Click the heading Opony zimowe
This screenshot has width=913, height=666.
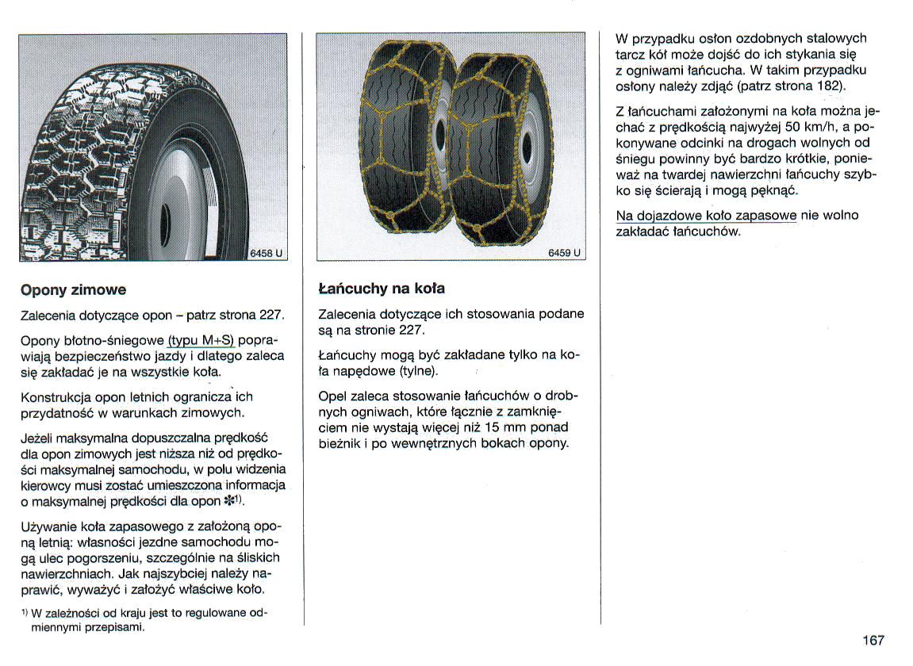[x=73, y=290]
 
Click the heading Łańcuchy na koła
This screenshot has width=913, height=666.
[x=375, y=288]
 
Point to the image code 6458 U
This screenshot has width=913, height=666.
[x=266, y=254]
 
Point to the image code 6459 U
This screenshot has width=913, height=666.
[x=564, y=254]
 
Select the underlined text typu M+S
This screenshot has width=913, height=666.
[x=201, y=340]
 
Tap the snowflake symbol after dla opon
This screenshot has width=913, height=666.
[x=229, y=501]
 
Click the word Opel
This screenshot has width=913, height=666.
[x=332, y=396]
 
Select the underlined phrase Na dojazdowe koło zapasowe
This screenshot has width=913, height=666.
[x=706, y=216]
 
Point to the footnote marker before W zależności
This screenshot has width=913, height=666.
[x=25, y=612]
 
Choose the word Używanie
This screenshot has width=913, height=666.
[x=50, y=527]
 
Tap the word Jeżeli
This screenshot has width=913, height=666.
[x=39, y=438]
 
